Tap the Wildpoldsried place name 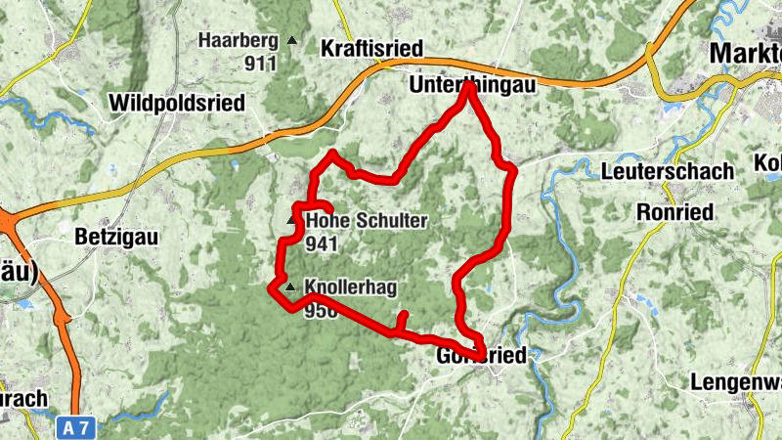(x=178, y=103)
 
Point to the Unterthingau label (x=472, y=87)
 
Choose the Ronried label (x=674, y=212)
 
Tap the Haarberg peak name (x=238, y=41)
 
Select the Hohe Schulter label (x=367, y=222)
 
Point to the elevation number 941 (x=322, y=243)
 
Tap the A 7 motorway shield (x=79, y=427)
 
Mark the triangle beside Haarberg (x=291, y=41)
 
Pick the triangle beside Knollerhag (x=290, y=287)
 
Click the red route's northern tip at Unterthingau (x=470, y=86)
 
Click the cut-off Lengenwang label (x=736, y=382)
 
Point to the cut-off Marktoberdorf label (x=747, y=51)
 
